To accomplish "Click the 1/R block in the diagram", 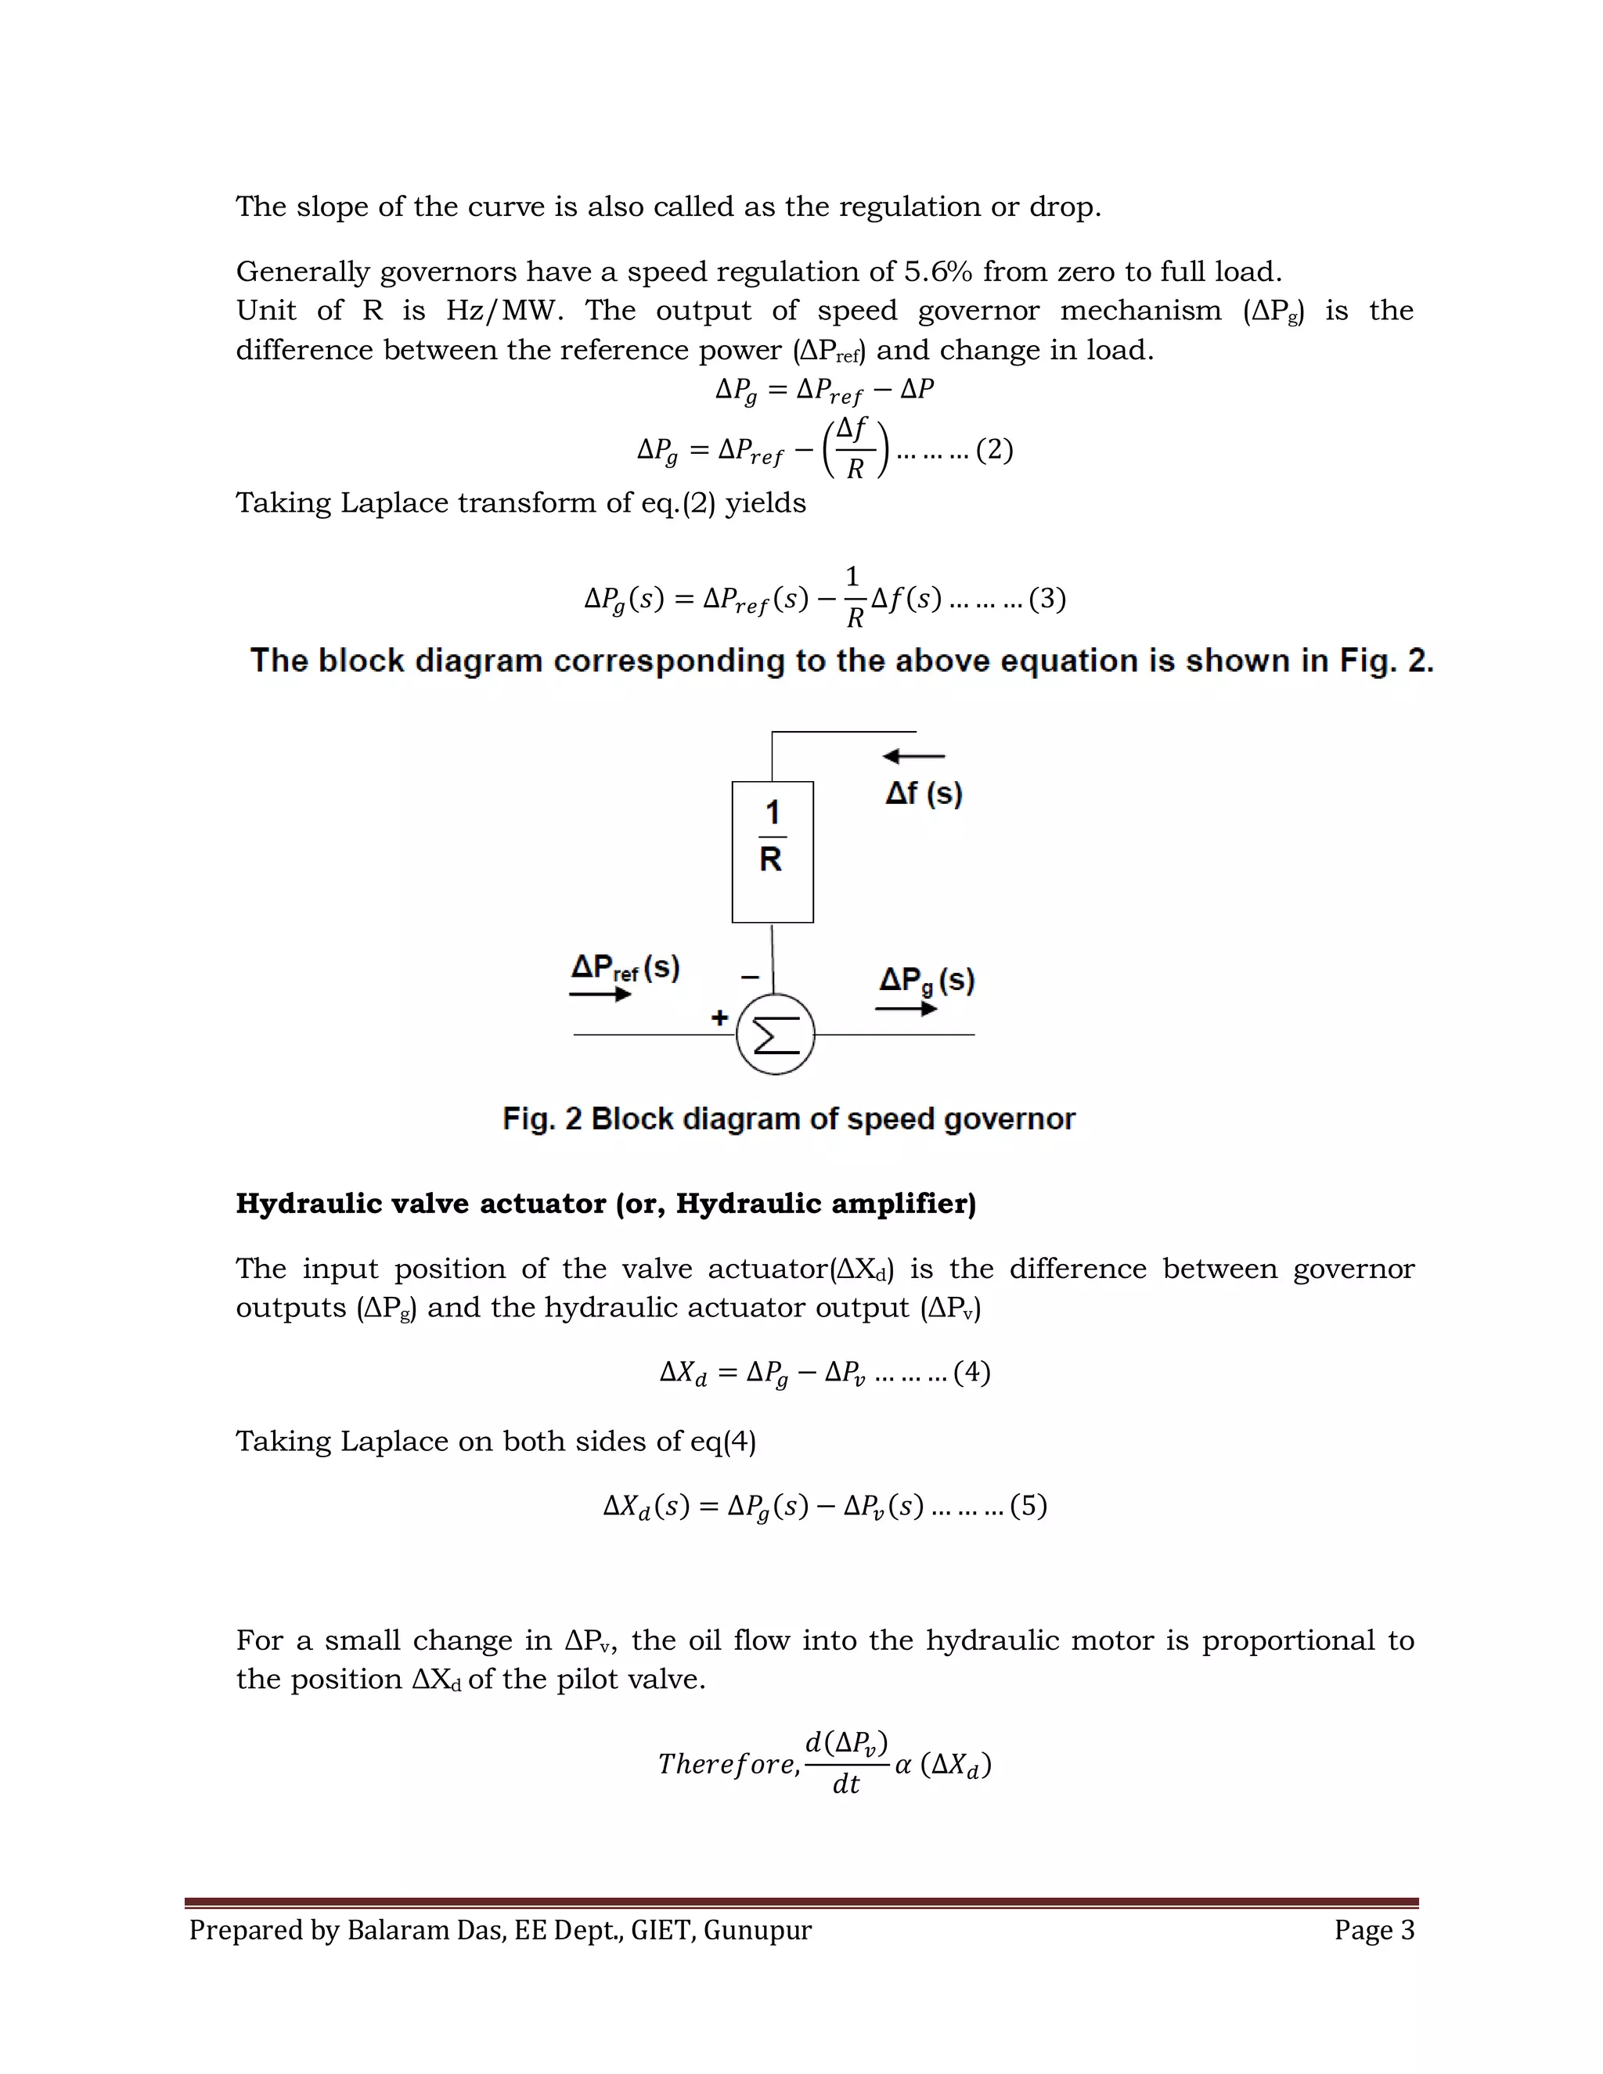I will (x=772, y=851).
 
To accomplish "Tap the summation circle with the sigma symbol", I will (x=776, y=1034).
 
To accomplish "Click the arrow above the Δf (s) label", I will (x=913, y=756).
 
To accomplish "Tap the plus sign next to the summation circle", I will (x=720, y=1018).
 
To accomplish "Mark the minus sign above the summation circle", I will (x=749, y=976).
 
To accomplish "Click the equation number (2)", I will (x=994, y=449).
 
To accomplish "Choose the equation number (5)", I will (x=1028, y=1506).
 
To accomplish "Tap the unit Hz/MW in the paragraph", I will (x=503, y=311).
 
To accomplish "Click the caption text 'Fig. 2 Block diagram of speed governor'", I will (x=788, y=1118).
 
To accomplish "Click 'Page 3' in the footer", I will (x=1374, y=1930).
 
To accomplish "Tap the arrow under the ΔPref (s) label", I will (x=600, y=994).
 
